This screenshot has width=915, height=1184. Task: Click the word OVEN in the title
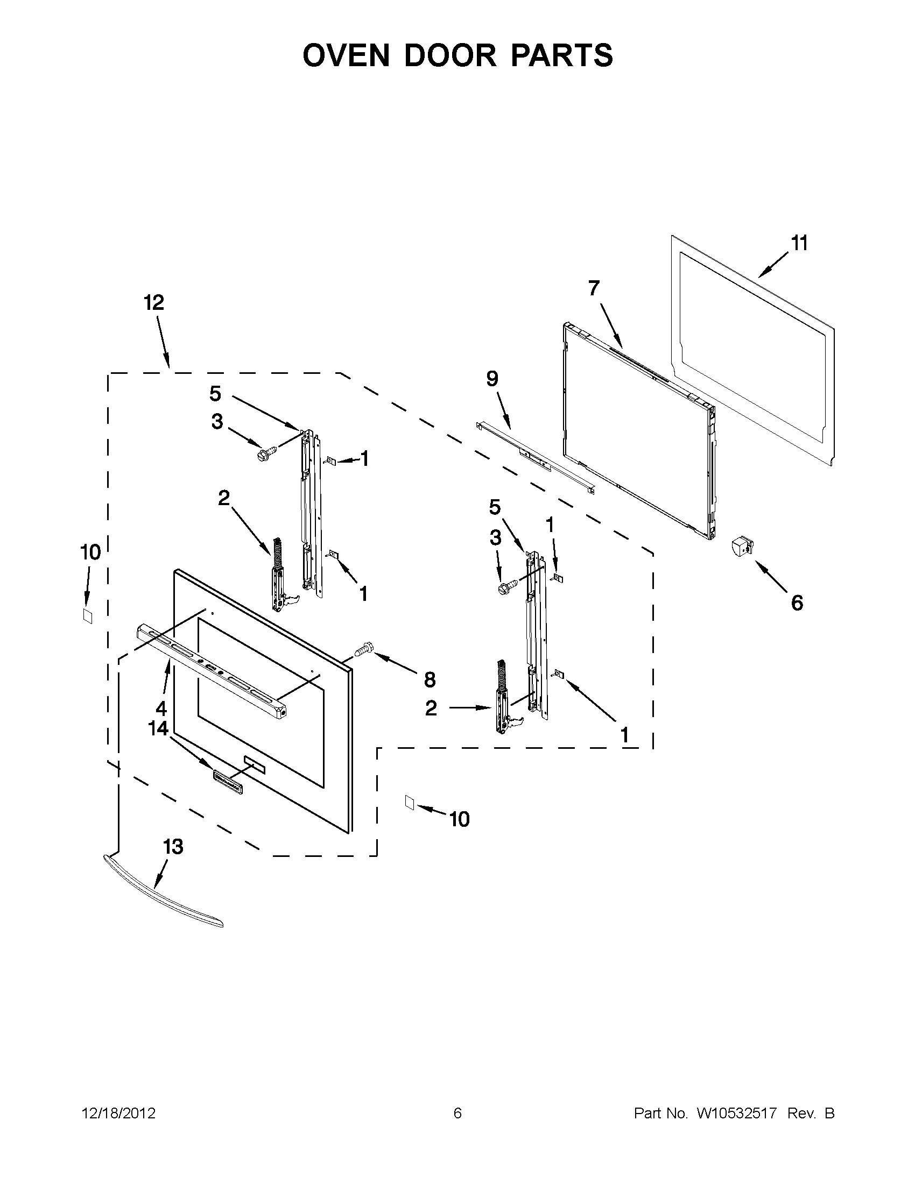coord(346,55)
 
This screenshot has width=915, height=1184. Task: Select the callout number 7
coord(594,288)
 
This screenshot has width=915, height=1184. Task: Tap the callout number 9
coord(492,379)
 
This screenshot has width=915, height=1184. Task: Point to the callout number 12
coord(154,302)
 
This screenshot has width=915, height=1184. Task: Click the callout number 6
coord(797,602)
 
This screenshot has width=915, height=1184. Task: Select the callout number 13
coord(173,847)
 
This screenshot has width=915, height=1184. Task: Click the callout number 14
coord(158,728)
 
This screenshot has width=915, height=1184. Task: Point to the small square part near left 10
coord(87,616)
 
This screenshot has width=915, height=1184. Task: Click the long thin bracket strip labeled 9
coord(534,457)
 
